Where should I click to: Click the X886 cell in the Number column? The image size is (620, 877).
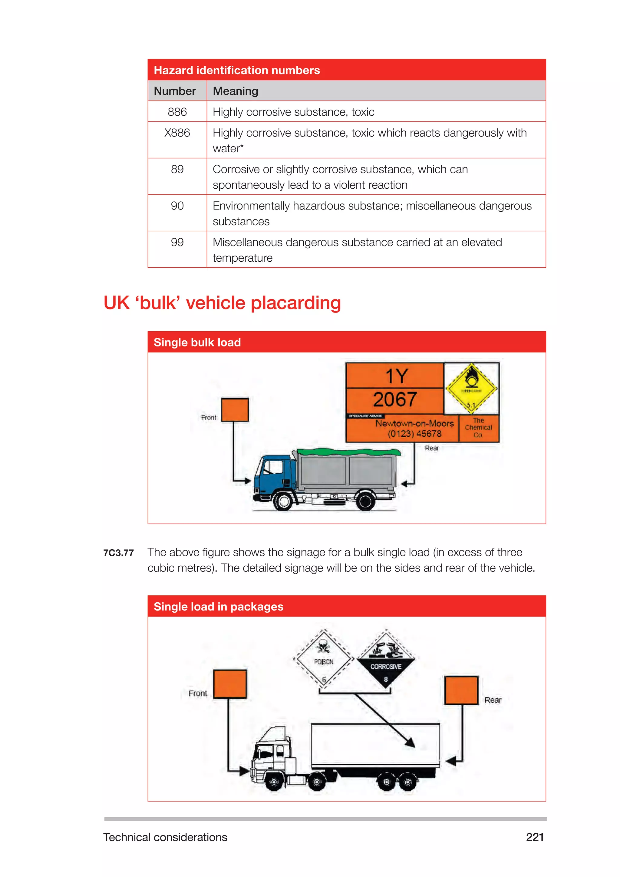[177, 133]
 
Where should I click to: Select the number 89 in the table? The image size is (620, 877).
[177, 169]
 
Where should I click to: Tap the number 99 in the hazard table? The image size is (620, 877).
[177, 242]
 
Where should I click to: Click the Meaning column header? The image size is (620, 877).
[235, 91]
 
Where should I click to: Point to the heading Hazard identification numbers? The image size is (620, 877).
[237, 70]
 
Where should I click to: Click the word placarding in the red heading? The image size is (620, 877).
[295, 303]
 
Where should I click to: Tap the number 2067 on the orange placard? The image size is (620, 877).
[395, 399]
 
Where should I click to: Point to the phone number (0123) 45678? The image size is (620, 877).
[415, 434]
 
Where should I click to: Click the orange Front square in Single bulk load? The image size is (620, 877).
[235, 410]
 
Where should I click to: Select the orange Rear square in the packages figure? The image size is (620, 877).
[461, 690]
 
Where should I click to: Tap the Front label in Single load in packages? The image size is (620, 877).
[198, 693]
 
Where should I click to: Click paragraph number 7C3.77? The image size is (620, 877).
[118, 553]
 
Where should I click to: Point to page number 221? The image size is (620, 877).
[535, 837]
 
